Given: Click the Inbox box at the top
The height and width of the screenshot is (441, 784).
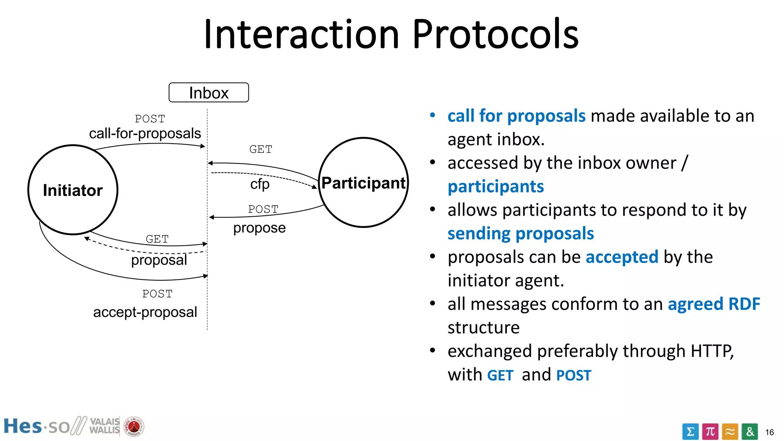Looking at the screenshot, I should (209, 93).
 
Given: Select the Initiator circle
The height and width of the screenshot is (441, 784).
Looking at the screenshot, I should (73, 190).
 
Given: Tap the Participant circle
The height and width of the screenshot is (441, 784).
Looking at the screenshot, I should (363, 183).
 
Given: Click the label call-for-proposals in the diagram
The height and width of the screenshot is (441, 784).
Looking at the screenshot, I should (145, 134).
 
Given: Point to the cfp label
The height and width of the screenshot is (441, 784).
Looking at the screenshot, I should (260, 184).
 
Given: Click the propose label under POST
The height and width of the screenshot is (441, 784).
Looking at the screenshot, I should (260, 228).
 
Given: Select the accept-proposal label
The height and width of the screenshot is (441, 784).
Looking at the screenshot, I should (145, 312).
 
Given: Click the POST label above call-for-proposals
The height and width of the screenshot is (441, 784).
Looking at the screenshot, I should (150, 119).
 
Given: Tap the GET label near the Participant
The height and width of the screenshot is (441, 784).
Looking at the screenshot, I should (261, 149).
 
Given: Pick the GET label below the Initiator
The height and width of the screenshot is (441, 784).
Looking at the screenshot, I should (157, 239).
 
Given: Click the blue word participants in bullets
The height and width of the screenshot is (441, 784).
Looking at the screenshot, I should (496, 187).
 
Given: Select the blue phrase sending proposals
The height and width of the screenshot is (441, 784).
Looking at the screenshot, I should (521, 234).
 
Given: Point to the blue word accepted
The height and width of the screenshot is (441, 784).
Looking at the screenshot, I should (622, 257).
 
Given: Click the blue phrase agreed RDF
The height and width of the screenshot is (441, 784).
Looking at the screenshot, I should (714, 304).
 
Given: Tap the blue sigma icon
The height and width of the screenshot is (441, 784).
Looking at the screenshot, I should (690, 432).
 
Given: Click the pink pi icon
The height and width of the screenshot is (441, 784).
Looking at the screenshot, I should (710, 432).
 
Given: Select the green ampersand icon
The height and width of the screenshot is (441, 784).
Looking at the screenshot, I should (750, 432).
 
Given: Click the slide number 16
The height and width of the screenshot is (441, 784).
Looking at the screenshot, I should (769, 433).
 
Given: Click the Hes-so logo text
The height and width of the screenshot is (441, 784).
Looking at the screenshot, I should (36, 426).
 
